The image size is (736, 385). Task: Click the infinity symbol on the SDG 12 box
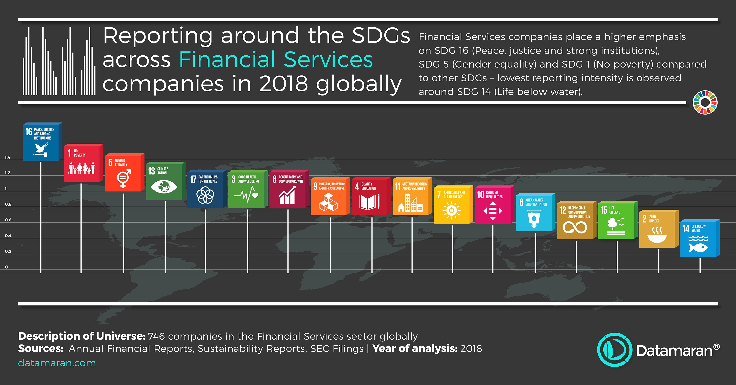click(575, 228)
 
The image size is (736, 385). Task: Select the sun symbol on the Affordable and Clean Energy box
click(451, 211)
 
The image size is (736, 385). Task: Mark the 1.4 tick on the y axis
click(7, 157)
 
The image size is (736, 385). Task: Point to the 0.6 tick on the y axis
click(8, 220)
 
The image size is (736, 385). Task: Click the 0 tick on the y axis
click(6, 267)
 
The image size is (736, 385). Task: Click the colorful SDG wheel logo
click(705, 102)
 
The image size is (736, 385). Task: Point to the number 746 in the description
click(156, 336)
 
